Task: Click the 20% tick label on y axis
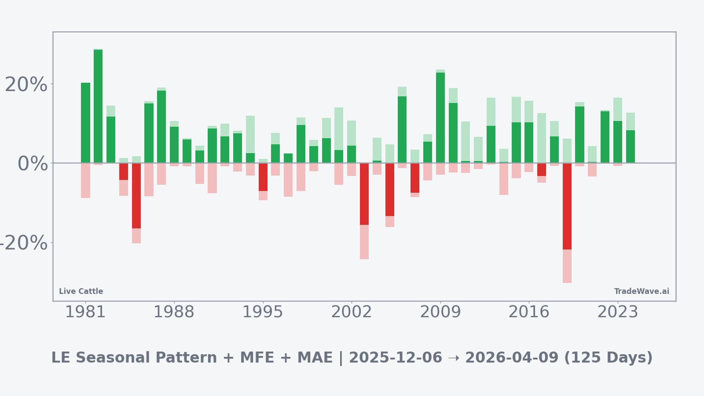(x=26, y=84)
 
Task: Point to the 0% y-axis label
(x=33, y=164)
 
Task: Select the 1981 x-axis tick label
(x=85, y=312)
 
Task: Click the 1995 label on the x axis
(x=263, y=312)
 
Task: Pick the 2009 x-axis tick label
(x=440, y=312)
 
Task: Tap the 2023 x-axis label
(x=617, y=312)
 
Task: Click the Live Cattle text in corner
(x=81, y=291)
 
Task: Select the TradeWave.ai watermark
(x=642, y=291)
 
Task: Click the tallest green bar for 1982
(x=98, y=106)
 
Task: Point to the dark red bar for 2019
(x=567, y=206)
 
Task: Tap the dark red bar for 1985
(x=136, y=195)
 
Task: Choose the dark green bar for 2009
(x=440, y=117)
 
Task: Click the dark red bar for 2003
(x=364, y=194)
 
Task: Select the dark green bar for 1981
(x=85, y=123)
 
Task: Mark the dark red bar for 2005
(x=390, y=189)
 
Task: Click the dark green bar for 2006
(x=402, y=129)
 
